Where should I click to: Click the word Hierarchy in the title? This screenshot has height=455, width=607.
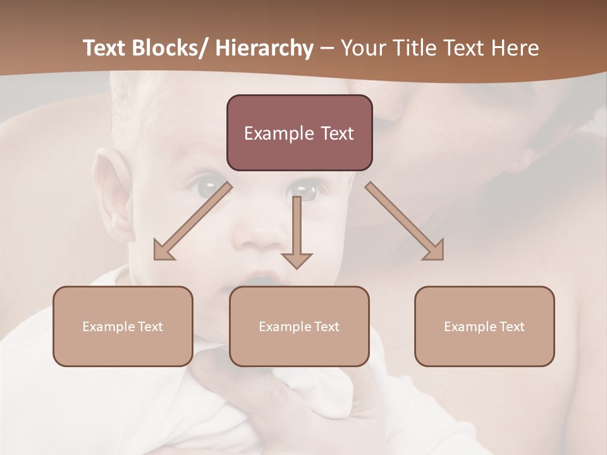coord(264,48)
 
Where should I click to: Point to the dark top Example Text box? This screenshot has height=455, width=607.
coord(299,133)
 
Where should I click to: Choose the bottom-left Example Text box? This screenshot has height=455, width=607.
coord(123,326)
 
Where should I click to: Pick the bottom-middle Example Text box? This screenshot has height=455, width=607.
coord(299,326)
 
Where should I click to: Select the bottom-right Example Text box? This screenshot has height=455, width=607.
coord(484,326)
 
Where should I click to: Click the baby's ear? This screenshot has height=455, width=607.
coord(111,190)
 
